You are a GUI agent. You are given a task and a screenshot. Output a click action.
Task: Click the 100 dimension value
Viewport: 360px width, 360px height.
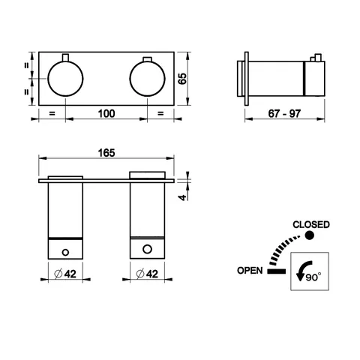click(x=106, y=113)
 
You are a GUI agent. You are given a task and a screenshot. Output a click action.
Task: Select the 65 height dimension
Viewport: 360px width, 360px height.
click(x=182, y=79)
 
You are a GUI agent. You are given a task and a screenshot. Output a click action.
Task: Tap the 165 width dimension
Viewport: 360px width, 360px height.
click(x=106, y=153)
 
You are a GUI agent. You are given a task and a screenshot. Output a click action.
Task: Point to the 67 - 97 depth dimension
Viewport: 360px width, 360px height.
click(x=284, y=114)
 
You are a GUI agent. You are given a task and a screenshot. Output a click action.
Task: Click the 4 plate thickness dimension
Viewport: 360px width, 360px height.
click(x=183, y=197)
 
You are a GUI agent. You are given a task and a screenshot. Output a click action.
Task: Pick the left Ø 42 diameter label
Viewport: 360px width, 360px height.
click(x=65, y=274)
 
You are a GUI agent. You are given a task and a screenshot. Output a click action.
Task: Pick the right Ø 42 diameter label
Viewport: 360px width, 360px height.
click(x=147, y=274)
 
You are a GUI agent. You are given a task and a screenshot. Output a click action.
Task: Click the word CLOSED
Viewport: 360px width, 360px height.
click(x=311, y=224)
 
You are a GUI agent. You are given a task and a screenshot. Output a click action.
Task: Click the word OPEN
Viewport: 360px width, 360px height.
click(x=250, y=271)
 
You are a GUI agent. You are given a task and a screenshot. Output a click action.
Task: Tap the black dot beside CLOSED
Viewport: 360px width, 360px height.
click(x=310, y=235)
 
